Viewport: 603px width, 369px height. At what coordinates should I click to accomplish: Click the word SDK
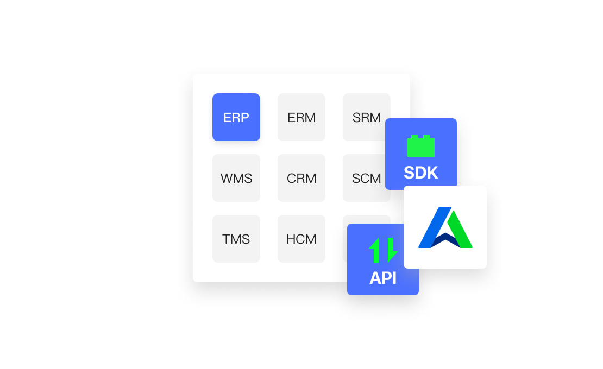pyautogui.click(x=421, y=173)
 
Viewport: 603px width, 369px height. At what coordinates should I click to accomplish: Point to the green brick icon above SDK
pyautogui.click(x=421, y=146)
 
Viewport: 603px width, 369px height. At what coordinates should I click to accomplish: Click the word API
pyautogui.click(x=383, y=278)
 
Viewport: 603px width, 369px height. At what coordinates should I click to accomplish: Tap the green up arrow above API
pyautogui.click(x=375, y=250)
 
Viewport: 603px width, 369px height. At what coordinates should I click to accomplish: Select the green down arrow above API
pyautogui.click(x=391, y=250)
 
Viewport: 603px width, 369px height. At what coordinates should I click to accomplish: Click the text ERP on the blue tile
pyautogui.click(x=236, y=118)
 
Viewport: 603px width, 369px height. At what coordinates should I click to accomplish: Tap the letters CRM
pyautogui.click(x=301, y=179)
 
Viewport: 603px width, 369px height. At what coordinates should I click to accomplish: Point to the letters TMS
pyautogui.click(x=236, y=239)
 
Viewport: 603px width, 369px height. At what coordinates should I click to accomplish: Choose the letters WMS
pyautogui.click(x=236, y=179)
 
